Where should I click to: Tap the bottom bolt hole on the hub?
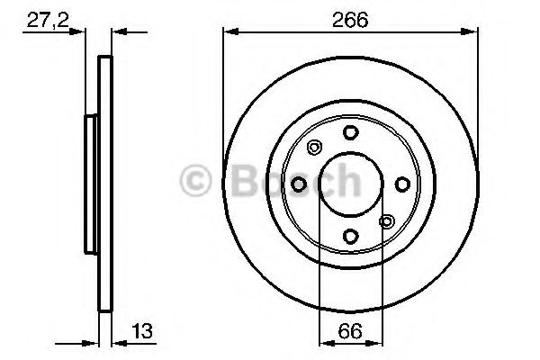coord(350,236)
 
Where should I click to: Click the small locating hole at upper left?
coord(313,148)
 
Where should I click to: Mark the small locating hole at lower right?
coord(387,221)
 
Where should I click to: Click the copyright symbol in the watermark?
coord(197,182)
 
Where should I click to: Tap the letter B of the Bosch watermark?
coord(238,181)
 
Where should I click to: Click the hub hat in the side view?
coord(91,184)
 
